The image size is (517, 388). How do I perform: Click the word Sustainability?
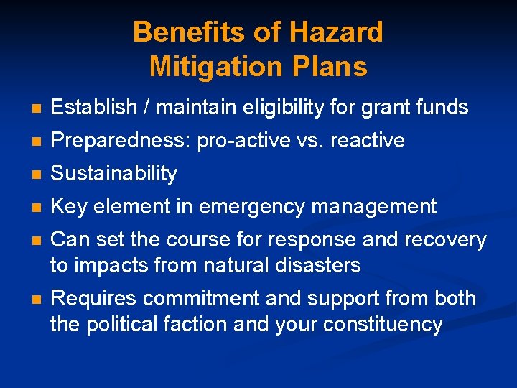tap(113, 174)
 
